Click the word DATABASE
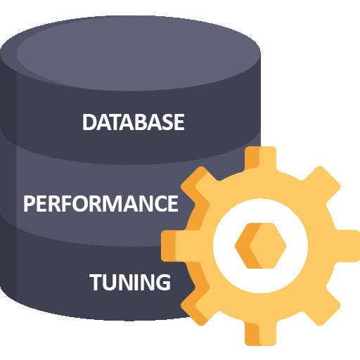[x=133, y=122]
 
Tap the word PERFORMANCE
[x=101, y=204]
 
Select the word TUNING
[x=130, y=283]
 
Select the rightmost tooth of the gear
[x=345, y=246]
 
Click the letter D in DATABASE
[x=89, y=122]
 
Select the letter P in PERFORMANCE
[x=29, y=204]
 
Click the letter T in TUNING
[x=96, y=283]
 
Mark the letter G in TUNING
[x=162, y=283]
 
